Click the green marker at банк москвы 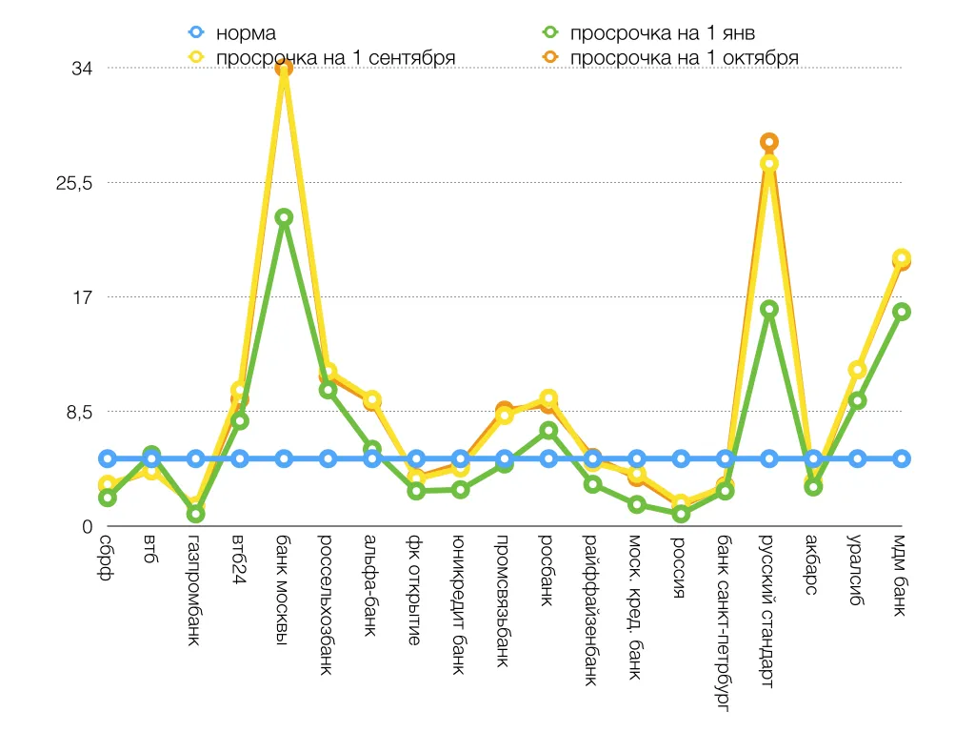(x=284, y=217)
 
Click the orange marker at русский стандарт (x=769, y=143)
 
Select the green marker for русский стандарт (x=769, y=309)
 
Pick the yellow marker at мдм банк (x=902, y=257)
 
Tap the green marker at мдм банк (x=902, y=312)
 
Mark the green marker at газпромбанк (x=195, y=514)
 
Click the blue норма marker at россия (x=681, y=458)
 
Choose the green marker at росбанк (x=548, y=431)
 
